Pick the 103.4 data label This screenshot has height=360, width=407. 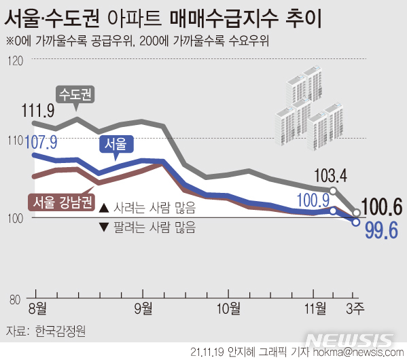click(331, 175)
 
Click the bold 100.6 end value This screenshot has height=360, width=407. click(383, 205)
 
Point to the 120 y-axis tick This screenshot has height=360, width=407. click(16, 61)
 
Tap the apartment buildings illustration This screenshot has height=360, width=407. click(306, 109)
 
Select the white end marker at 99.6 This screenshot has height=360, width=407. click(355, 221)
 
